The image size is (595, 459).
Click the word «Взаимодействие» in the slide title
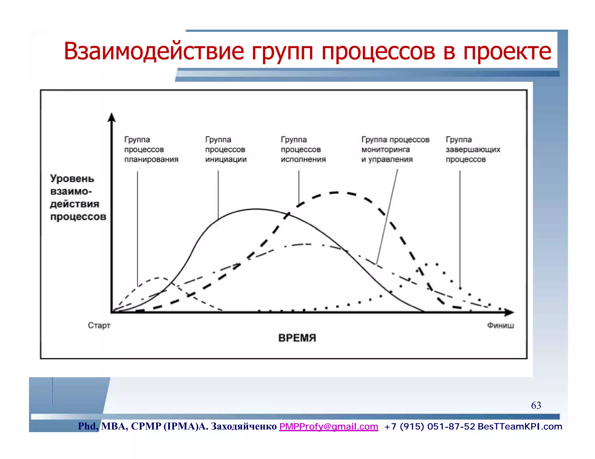[x=154, y=51]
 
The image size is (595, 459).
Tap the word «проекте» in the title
[x=507, y=51]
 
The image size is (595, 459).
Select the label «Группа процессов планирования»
[x=151, y=149]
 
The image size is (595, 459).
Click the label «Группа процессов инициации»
[x=226, y=149]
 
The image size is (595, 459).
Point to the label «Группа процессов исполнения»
[x=303, y=149]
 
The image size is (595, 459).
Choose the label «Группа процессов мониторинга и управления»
[x=395, y=149]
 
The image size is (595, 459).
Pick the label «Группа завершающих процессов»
[x=473, y=149]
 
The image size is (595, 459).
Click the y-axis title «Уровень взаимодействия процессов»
[x=78, y=198]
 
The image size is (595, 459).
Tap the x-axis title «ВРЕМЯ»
[x=297, y=338]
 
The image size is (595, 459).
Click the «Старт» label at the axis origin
[x=99, y=326]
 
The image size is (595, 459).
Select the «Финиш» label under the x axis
[x=500, y=326]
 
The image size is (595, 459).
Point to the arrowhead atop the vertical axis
[x=112, y=118]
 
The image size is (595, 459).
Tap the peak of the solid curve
[x=255, y=209]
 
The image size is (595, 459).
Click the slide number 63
[x=536, y=405]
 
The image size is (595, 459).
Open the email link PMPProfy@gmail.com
[x=329, y=427]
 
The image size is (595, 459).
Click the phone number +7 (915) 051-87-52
[x=429, y=427]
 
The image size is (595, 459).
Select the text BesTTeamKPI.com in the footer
[x=520, y=427]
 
